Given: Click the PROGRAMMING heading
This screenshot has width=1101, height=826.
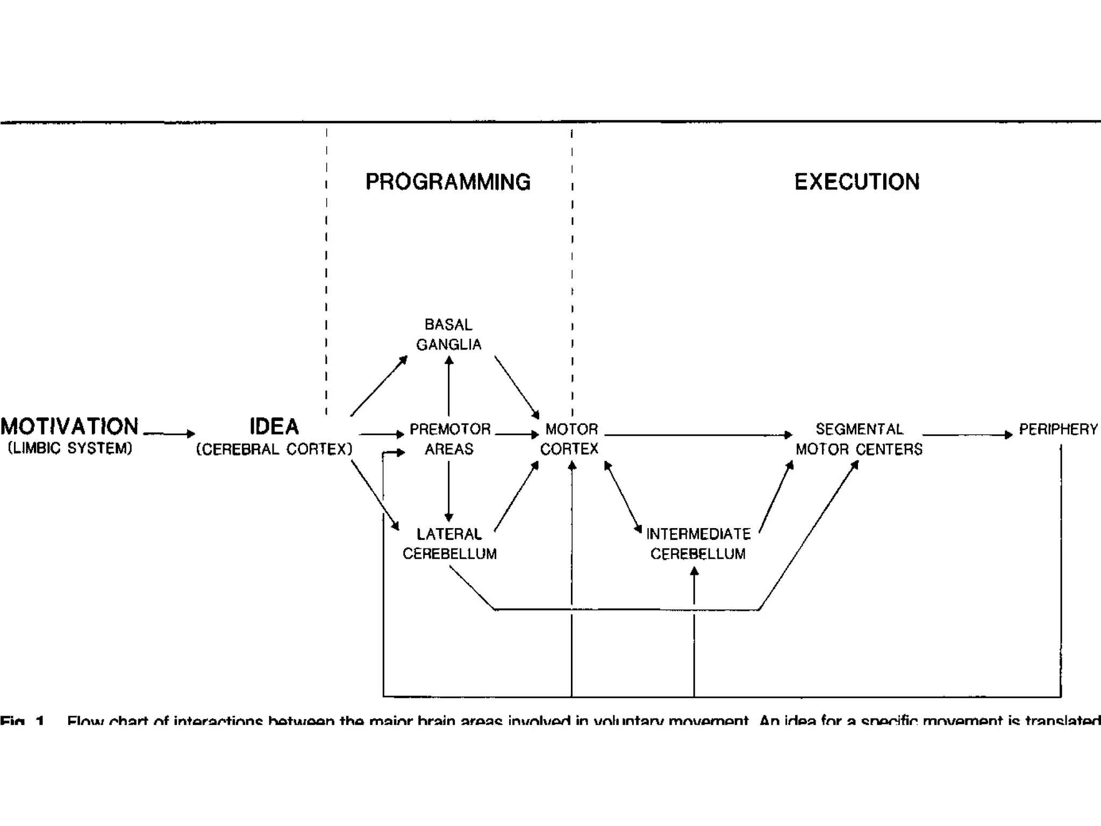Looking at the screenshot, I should click(448, 182).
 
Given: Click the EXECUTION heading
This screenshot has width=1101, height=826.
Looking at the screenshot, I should click(857, 182).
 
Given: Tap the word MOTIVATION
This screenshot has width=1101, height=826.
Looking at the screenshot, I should click(69, 426).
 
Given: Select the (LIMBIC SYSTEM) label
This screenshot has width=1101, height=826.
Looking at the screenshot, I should click(70, 448).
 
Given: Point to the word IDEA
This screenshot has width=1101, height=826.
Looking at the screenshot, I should click(274, 426).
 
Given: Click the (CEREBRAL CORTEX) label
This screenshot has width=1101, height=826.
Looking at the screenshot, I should click(274, 449).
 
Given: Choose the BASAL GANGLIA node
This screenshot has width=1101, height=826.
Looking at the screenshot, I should click(448, 334).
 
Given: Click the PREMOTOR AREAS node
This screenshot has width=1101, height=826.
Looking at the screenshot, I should click(449, 439).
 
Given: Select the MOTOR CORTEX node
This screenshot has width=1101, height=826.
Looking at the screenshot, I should click(570, 439).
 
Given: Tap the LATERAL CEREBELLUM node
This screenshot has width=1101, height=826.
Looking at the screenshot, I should click(449, 544).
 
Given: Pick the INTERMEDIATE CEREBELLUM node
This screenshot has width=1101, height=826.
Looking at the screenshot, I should click(698, 544).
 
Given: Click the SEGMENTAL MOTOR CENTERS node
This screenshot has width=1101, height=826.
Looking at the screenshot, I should click(859, 439).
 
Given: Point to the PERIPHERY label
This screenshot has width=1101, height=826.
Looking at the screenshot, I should click(1058, 429).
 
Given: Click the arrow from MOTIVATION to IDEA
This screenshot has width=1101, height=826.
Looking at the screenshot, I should click(169, 433).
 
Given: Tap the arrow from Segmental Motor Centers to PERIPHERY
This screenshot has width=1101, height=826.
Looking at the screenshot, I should click(967, 435).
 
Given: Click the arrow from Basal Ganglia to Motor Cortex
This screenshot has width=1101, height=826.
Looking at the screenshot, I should click(517, 387).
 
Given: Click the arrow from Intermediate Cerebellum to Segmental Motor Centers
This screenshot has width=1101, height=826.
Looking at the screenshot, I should click(776, 497).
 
